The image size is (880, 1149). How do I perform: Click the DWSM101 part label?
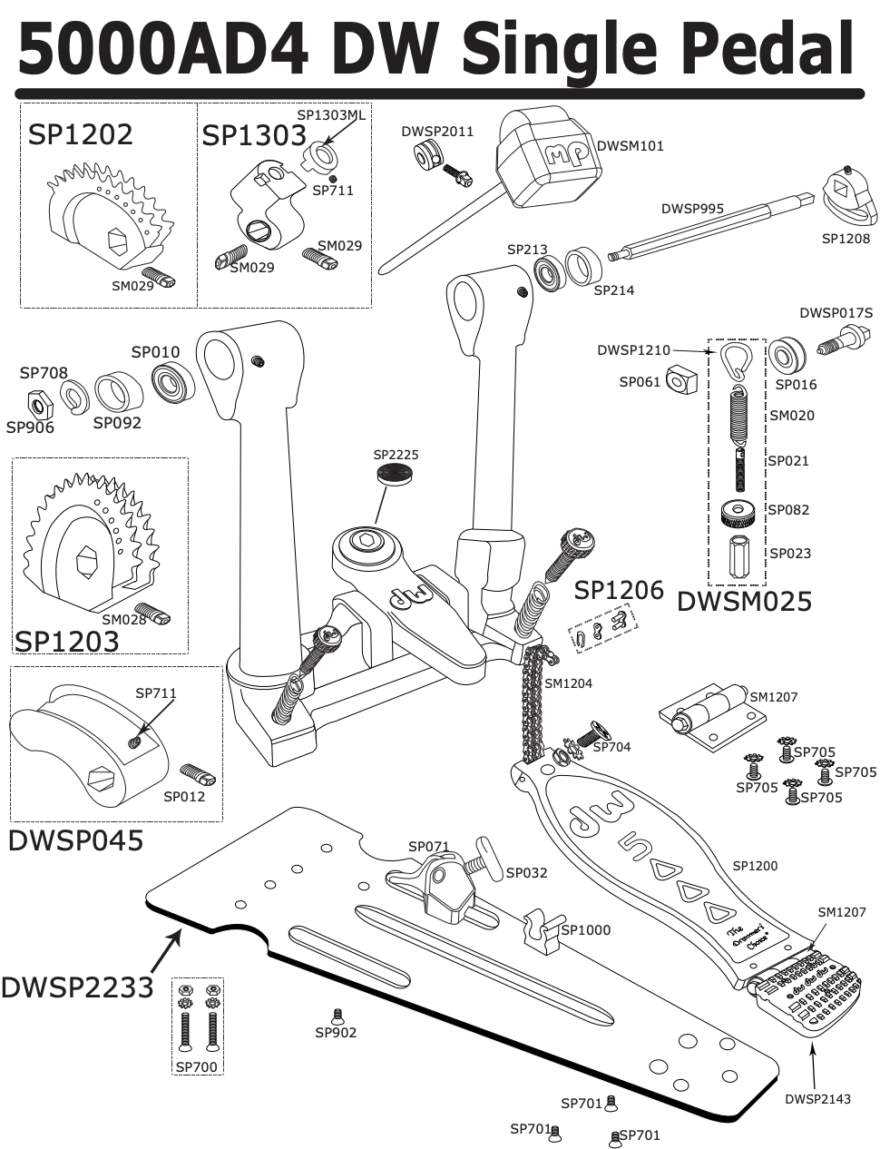point(630,146)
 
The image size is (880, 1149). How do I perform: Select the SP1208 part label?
point(846,239)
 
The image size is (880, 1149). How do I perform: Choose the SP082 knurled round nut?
point(738,513)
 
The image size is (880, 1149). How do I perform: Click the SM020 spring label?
point(791,416)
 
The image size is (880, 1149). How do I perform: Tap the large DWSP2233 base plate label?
point(77,987)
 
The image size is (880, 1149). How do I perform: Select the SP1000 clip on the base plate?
point(542,933)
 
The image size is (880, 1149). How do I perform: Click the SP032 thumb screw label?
point(526,873)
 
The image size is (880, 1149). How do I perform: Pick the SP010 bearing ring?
point(169,382)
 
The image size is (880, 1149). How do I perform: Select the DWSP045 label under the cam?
point(75,840)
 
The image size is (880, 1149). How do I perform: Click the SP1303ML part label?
point(331,115)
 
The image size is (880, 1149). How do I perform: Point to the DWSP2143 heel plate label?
point(817,1099)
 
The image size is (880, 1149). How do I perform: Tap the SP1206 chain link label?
point(619,590)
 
